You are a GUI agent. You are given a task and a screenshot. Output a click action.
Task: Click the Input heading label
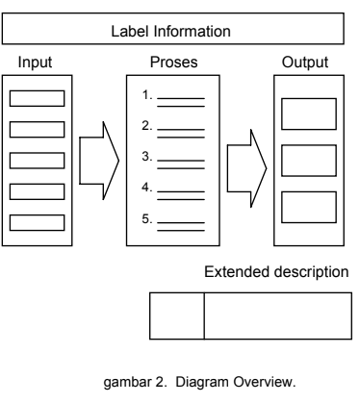point(37,63)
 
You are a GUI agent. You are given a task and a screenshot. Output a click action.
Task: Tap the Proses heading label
point(174,63)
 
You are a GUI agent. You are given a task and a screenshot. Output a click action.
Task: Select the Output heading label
point(305,63)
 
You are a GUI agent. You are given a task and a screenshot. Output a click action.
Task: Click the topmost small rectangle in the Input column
point(37,98)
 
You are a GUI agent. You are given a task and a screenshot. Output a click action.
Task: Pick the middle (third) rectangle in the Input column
point(37,159)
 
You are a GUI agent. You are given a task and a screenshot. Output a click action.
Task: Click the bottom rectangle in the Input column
point(37,221)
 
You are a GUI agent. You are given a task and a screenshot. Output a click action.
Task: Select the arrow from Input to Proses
point(96,159)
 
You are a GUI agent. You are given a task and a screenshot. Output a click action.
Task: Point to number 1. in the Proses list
point(146,95)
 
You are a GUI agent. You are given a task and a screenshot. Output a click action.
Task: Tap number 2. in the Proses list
point(146,125)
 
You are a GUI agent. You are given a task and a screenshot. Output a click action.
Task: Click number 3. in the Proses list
point(146,156)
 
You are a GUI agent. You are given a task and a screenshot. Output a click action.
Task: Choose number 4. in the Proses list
point(146,187)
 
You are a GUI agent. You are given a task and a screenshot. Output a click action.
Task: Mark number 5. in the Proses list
point(146,218)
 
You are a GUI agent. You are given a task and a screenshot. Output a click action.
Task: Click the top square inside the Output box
point(308,113)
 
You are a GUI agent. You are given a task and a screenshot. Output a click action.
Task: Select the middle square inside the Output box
point(308,159)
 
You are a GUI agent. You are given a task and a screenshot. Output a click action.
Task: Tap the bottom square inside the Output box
point(308,206)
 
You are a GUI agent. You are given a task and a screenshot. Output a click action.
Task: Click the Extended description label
point(277,272)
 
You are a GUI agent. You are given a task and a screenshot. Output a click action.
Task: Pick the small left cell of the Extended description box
point(177,315)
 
